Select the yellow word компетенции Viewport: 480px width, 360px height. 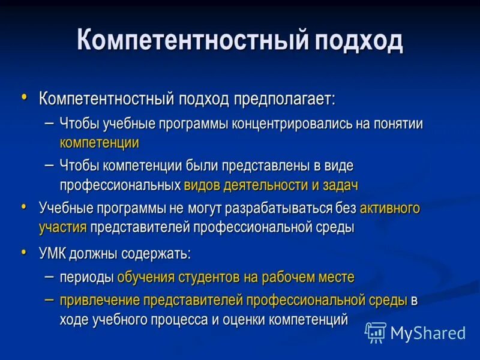coord(100,143)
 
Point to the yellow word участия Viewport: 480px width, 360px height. coord(63,227)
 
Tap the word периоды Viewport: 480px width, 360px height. coord(86,277)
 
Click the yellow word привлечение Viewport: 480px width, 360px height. coord(100,300)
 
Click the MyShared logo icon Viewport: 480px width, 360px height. coord(376,332)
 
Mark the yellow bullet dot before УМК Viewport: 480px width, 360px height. coord(24,253)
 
